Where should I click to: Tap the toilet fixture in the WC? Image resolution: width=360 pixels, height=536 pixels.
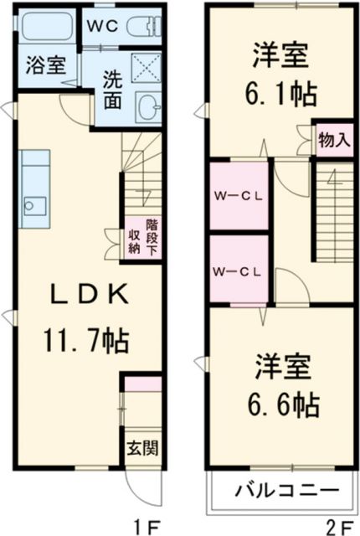pyautogui.click(x=148, y=26)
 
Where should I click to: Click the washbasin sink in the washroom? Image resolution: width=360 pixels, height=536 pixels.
pyautogui.click(x=149, y=108)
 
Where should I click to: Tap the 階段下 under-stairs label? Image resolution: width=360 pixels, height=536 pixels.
pyautogui.click(x=152, y=237)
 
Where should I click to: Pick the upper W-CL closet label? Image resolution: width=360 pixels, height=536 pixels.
pyautogui.click(x=239, y=198)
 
